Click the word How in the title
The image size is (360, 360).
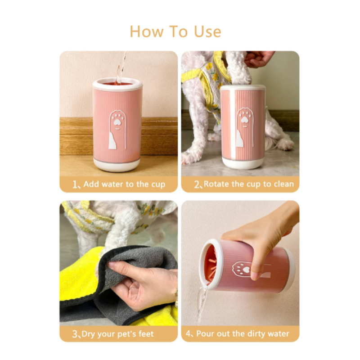click(x=145, y=31)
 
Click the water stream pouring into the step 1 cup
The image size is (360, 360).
click(x=121, y=67)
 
